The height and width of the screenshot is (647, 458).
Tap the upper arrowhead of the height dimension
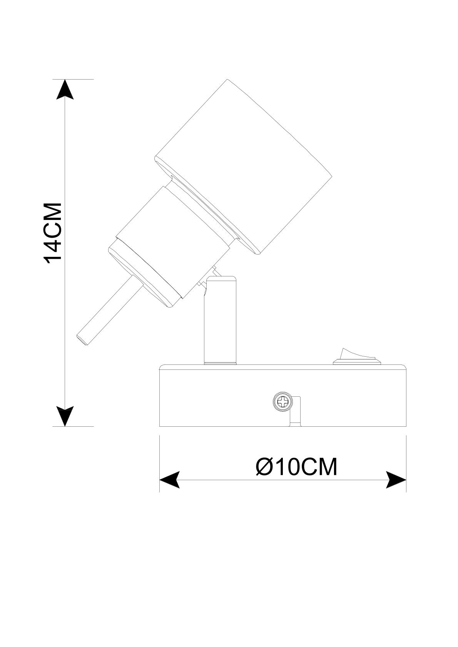65,89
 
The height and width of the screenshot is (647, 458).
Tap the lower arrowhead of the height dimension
65,416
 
